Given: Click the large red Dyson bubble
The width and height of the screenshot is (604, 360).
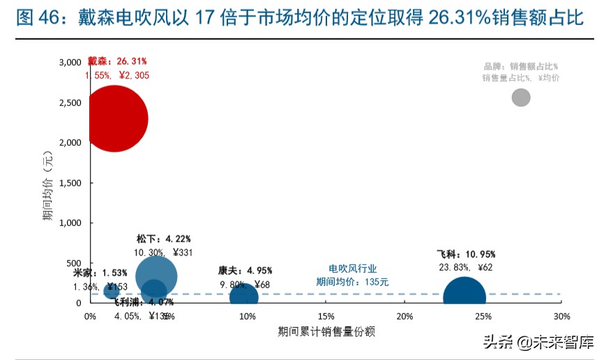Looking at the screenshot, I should tap(116, 119).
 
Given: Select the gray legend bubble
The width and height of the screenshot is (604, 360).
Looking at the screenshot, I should tap(520, 97).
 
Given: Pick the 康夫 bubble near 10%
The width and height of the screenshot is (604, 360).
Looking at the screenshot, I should tap(243, 294).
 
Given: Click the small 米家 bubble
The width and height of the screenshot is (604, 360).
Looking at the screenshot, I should tap(111, 290).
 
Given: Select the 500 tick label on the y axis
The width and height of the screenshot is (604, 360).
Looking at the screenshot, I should tap(75, 263).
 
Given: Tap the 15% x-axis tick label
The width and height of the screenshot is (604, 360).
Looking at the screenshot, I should tap(325, 317).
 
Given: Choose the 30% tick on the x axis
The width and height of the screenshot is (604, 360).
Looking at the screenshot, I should tap(561, 317).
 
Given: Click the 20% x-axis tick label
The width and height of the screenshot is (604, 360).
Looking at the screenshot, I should tap(404, 317).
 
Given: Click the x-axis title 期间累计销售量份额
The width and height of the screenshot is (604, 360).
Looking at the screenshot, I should tap(326, 331).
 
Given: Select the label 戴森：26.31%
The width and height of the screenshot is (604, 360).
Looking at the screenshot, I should tap(117, 61).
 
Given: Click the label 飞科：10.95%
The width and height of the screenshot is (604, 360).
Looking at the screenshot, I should tap(465, 254).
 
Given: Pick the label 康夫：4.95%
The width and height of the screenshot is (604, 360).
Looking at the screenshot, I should tap(245, 271).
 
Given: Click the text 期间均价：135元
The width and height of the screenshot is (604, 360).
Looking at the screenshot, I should tap(352, 282).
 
